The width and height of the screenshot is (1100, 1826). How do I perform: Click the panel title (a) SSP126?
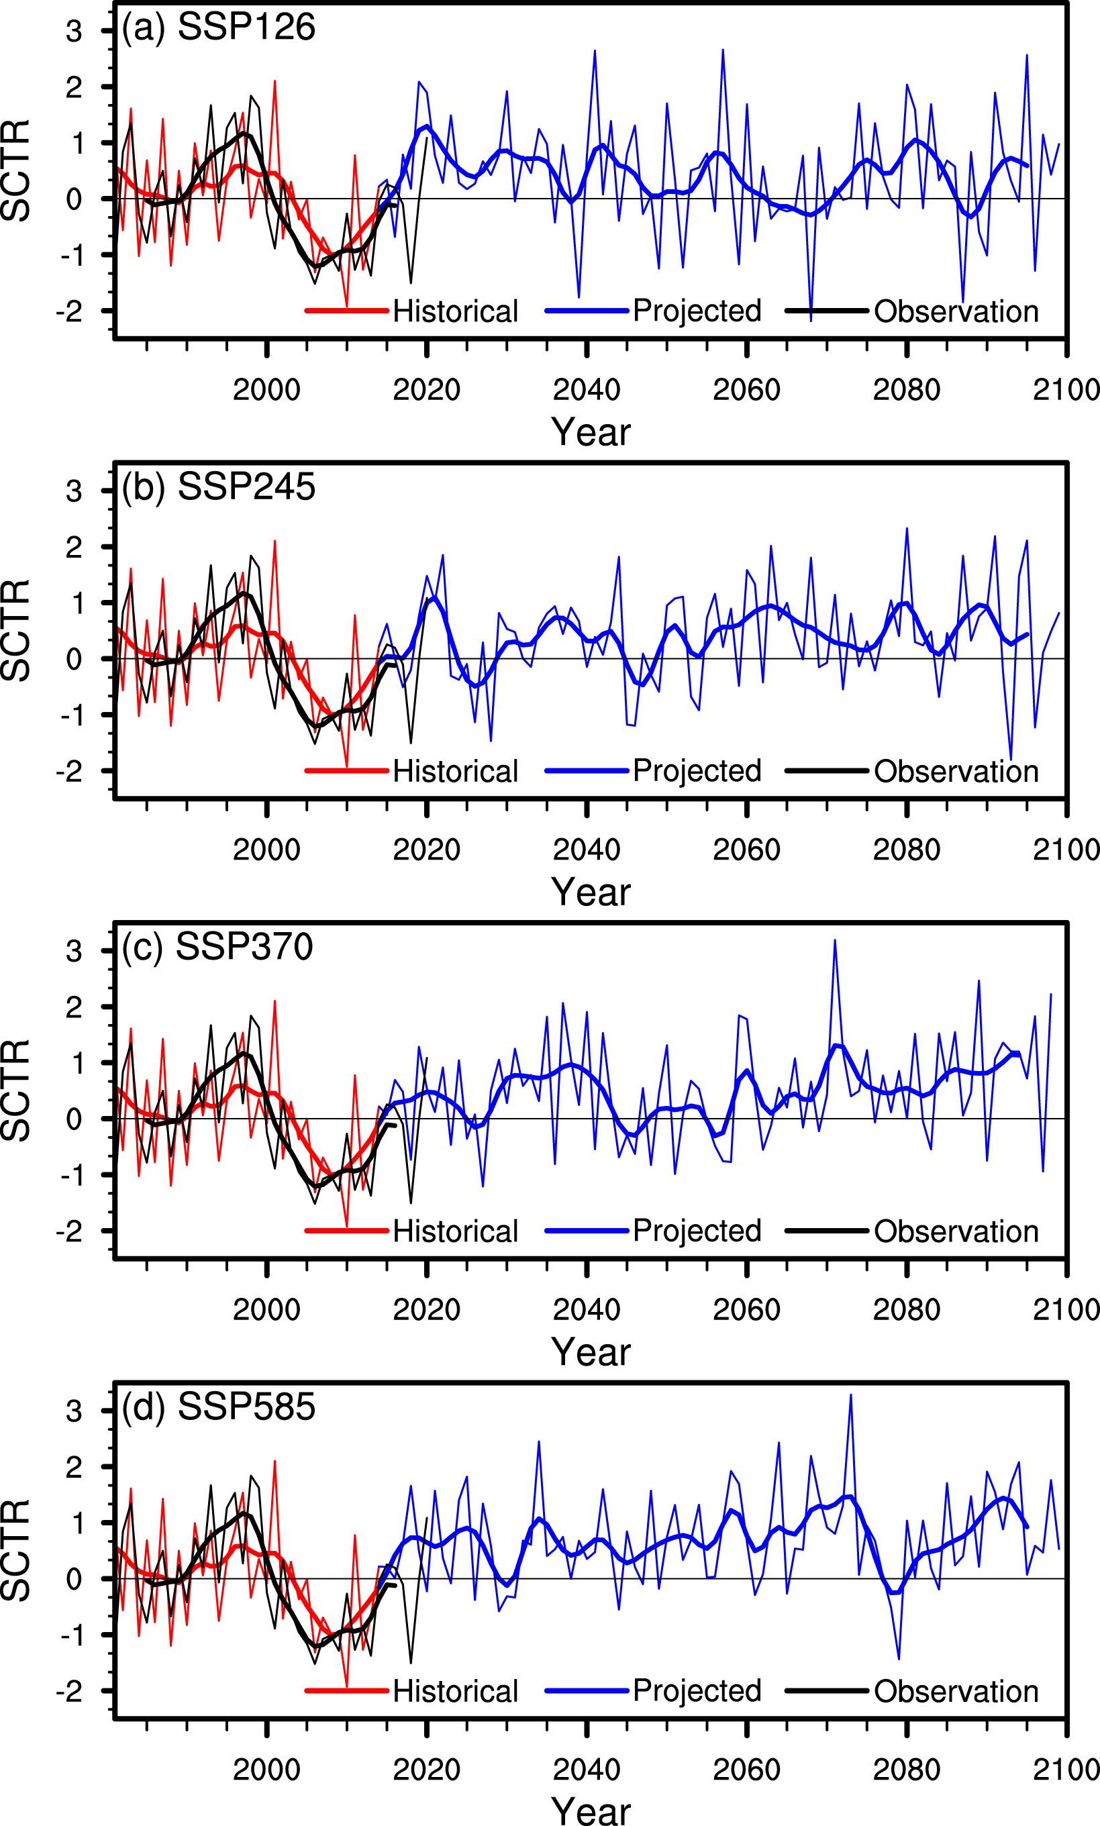click(x=219, y=28)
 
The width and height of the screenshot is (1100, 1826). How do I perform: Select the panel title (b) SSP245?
click(x=219, y=487)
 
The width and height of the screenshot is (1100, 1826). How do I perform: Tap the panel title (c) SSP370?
click(x=217, y=947)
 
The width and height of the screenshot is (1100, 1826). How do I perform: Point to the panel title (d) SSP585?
click(x=219, y=1407)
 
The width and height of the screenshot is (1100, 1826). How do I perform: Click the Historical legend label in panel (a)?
click(x=455, y=311)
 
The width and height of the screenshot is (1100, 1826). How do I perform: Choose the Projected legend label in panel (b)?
click(x=697, y=770)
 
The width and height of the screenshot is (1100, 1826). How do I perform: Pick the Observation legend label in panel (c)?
click(x=956, y=1231)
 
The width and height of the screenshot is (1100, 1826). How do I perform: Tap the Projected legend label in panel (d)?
click(x=697, y=1690)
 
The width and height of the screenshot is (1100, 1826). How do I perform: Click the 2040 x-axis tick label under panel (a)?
click(x=587, y=390)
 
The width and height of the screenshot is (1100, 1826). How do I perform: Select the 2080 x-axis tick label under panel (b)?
click(x=907, y=850)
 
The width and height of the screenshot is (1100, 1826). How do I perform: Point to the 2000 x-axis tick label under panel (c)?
click(x=267, y=1309)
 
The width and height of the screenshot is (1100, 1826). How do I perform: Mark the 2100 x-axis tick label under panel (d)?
click(x=1066, y=1769)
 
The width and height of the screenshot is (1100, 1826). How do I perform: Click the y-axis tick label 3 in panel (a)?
click(x=73, y=32)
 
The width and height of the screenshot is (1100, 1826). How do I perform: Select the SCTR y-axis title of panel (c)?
click(x=16, y=1090)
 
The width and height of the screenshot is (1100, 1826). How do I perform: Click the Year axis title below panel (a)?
click(x=591, y=432)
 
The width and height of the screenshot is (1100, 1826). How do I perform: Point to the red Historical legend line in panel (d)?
click(x=347, y=1691)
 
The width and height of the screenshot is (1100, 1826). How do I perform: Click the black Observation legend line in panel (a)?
click(x=826, y=311)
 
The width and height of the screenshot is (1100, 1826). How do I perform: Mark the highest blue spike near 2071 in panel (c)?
click(x=835, y=941)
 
